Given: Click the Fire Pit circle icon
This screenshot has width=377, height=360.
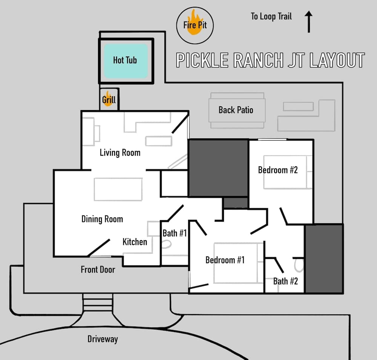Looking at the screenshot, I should (195, 25).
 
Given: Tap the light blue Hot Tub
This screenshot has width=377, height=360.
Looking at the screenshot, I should (126, 61).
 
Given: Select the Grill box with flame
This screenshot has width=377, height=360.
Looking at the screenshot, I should (109, 100).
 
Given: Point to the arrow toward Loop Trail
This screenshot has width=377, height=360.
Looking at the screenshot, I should (309, 21).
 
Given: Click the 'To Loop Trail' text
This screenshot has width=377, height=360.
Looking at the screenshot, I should (271, 16).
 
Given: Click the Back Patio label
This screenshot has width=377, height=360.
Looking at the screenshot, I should (236, 110).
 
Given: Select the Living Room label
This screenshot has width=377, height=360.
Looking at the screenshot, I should (120, 153).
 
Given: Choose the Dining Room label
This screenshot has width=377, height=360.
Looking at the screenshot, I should (102, 219).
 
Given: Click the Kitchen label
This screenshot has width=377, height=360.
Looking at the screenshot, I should (135, 242).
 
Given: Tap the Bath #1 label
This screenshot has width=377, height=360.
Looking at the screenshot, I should (175, 233).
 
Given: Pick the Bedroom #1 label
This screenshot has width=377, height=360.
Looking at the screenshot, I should (225, 260).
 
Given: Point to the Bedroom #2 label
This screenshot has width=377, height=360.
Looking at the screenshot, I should (278, 170).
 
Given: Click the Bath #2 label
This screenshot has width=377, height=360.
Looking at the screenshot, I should (285, 281).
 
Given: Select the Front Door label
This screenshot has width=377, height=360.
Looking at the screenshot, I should (98, 270).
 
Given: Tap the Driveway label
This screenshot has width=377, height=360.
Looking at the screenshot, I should (103, 339).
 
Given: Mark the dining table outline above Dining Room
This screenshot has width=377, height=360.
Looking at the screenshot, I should (118, 189).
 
